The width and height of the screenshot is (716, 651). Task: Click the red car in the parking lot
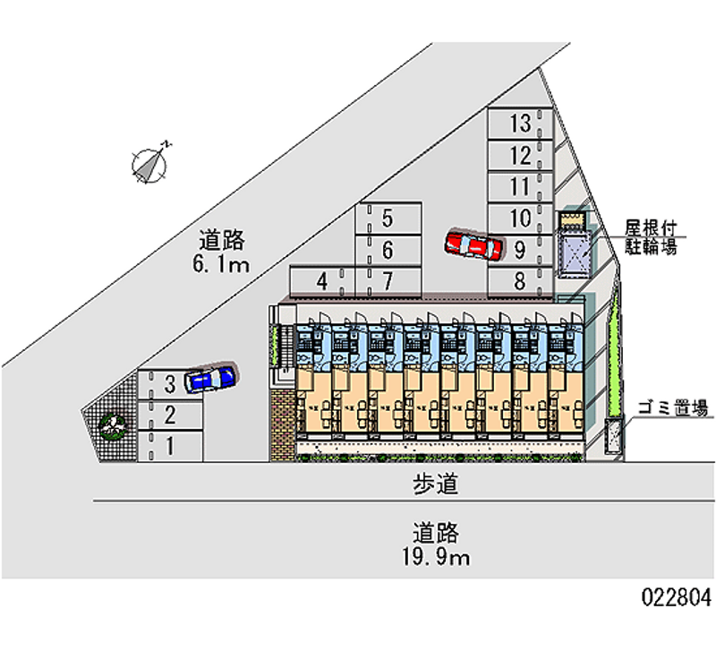click(x=474, y=244)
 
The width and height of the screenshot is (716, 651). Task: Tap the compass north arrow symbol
click(x=149, y=163)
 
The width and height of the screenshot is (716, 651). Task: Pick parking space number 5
click(x=388, y=218)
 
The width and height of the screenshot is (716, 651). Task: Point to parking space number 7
click(x=388, y=281)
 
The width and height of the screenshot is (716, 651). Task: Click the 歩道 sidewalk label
click(x=436, y=485)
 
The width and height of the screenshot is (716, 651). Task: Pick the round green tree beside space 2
click(x=112, y=424)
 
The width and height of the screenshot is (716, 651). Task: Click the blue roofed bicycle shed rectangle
click(x=573, y=253)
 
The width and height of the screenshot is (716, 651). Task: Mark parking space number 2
click(x=169, y=415)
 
